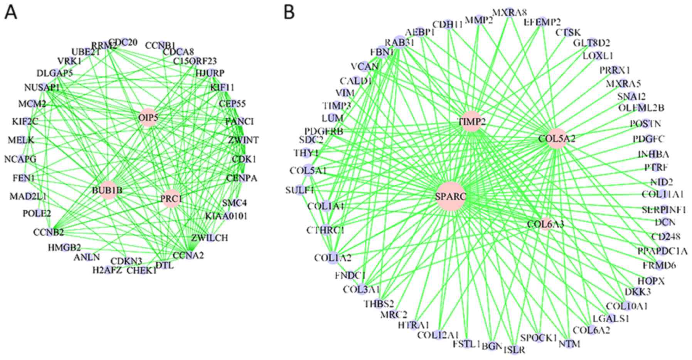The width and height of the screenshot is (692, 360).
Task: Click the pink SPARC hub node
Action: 450,197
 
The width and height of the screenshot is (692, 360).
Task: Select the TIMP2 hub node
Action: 471,122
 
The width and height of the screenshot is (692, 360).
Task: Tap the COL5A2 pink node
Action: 557,139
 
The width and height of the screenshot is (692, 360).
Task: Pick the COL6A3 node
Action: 546,224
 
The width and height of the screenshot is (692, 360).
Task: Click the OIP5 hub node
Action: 148,118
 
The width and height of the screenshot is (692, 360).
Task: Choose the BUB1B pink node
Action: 107,190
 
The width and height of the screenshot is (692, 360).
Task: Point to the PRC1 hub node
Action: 171,199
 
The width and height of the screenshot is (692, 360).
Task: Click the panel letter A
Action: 11,12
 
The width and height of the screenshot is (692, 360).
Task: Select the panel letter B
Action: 290,12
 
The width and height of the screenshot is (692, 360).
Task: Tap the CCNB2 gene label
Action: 49,232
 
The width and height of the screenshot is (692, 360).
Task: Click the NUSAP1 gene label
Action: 42,87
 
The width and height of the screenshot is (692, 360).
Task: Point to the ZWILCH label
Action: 209,238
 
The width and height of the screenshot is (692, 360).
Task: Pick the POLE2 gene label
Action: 37,213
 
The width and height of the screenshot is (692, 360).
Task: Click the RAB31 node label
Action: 399,43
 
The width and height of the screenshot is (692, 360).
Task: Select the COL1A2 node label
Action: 333,258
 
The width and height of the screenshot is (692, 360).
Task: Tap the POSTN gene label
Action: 645,124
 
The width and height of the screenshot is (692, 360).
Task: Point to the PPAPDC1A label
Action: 662,251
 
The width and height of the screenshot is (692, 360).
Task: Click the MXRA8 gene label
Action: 509,12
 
